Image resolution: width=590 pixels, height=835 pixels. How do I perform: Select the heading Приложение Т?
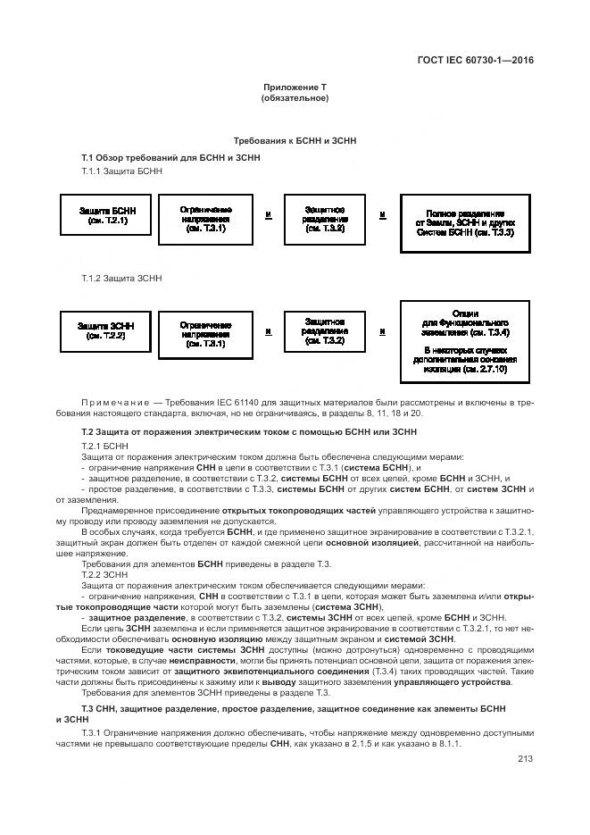tap(295, 87)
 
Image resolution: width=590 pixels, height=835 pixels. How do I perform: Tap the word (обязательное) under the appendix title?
tap(295, 97)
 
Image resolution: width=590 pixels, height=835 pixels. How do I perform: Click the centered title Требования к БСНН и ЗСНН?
tap(295, 141)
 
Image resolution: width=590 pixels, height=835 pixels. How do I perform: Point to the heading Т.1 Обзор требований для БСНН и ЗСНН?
tap(170, 157)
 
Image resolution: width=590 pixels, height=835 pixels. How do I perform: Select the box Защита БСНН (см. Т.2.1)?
tap(103, 215)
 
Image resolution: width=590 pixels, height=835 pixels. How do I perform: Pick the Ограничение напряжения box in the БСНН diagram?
tap(205, 218)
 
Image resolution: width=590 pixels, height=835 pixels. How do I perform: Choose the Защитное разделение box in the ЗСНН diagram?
tap(325, 331)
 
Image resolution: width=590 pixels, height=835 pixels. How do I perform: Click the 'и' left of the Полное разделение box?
tap(382, 215)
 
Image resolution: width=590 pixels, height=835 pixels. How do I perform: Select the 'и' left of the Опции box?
tap(382, 331)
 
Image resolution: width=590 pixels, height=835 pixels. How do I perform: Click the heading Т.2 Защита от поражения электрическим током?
tap(249, 431)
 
